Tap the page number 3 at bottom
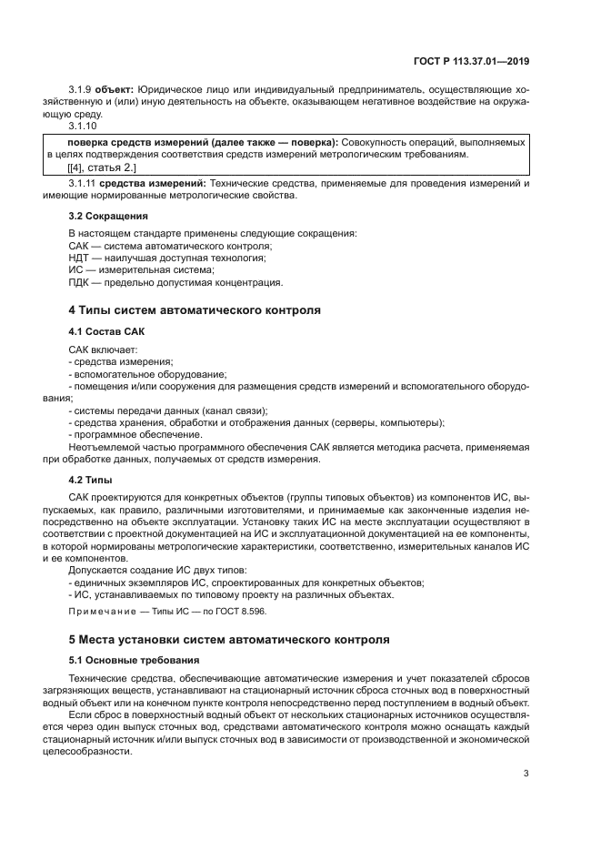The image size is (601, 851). (526, 774)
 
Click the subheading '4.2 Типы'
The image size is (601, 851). (90, 478)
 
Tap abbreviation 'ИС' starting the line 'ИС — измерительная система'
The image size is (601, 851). (76, 269)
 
